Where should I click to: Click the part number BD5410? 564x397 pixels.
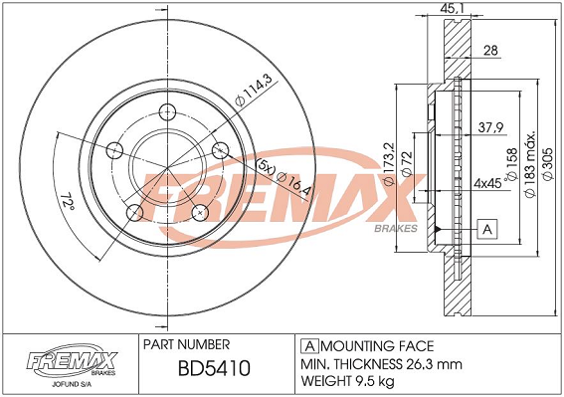(x=214, y=368)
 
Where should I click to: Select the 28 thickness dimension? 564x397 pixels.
(x=490, y=51)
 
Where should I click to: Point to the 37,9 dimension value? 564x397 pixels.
(x=490, y=127)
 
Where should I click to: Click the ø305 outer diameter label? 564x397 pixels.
(x=548, y=164)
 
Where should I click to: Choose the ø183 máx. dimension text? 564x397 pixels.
(x=531, y=164)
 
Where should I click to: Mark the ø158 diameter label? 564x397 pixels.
(x=512, y=164)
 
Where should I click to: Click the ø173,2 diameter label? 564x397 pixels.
(x=390, y=164)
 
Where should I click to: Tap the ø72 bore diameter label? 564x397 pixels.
(x=407, y=164)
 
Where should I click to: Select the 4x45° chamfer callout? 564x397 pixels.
(x=489, y=182)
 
